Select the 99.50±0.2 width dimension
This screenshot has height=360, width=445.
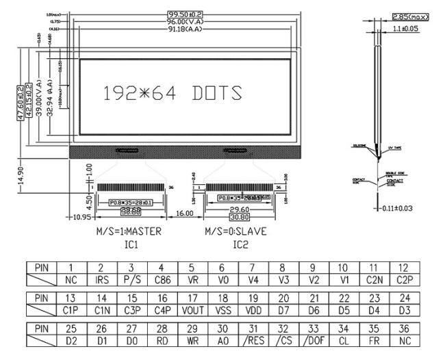point(186,14)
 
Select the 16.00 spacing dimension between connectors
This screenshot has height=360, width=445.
point(183,214)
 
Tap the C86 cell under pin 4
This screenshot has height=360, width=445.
point(160,281)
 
